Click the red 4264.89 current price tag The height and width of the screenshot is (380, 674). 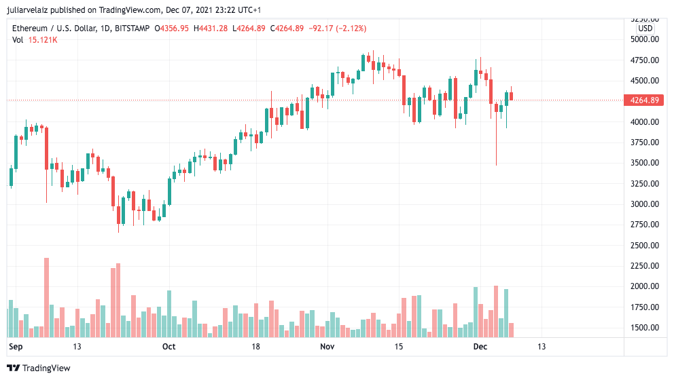pos(645,100)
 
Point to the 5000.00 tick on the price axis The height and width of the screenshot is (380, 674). pos(644,39)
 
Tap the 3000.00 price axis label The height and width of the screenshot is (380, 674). pos(644,204)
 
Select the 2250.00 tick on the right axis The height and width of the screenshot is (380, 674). pos(644,266)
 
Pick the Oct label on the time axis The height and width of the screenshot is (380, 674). pos(169,347)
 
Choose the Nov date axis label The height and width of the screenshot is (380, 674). pos(327,347)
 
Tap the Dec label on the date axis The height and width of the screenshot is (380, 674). pos(480,347)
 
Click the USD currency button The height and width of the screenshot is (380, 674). pos(645,28)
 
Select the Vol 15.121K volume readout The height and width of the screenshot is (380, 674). pos(35,40)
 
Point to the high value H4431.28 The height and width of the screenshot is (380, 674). pos(211,28)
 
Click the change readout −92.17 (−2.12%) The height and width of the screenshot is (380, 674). pos(338,28)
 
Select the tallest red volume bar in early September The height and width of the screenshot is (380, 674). pos(46,297)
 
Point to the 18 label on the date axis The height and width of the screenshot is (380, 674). pos(255,347)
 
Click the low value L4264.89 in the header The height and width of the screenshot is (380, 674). pos(250,28)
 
